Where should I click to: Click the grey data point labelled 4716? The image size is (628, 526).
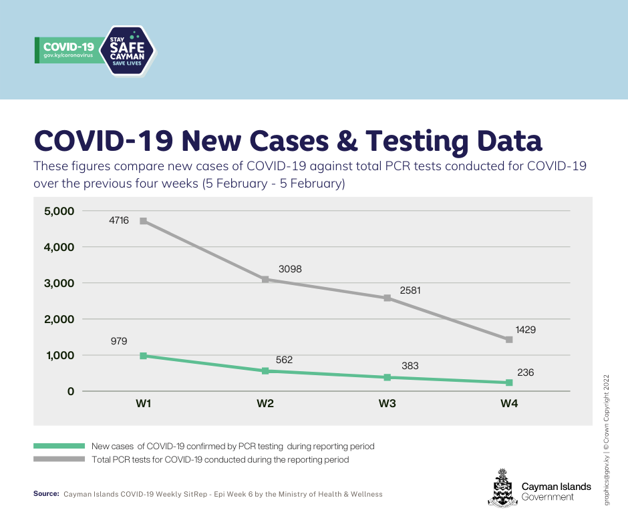coord(143,221)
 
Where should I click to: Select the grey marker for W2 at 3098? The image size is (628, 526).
coord(265,280)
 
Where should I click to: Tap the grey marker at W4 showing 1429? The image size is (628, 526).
coord(509,340)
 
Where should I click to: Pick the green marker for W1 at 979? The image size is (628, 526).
coord(143,356)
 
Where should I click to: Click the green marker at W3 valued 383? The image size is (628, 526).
coord(387,377)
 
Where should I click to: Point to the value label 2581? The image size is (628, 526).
coord(410,291)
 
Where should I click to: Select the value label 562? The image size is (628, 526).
coord(284,360)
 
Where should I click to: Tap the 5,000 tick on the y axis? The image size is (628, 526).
coord(59,211)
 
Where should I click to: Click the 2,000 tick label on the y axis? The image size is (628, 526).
coord(59,319)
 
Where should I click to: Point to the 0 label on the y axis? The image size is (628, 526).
coord(70,391)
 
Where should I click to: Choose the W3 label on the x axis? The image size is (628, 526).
coord(387,404)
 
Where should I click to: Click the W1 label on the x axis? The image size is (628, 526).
coord(143,404)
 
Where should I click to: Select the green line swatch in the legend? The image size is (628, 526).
coord(59,445)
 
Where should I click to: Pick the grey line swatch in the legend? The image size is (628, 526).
coord(59,459)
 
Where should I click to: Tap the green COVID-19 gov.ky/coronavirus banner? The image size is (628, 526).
coord(69,51)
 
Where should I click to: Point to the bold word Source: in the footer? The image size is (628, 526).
coord(46,494)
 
